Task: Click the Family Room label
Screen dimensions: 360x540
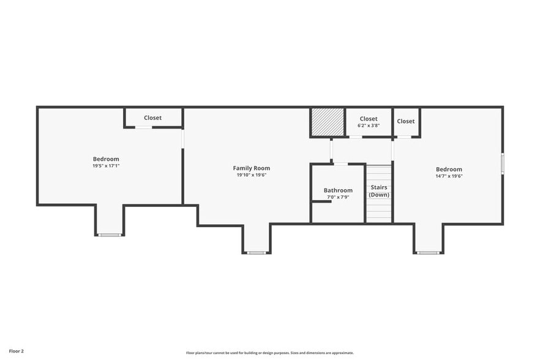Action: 251,168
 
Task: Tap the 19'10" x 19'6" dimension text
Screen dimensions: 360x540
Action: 251,175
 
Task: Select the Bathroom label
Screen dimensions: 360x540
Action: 338,190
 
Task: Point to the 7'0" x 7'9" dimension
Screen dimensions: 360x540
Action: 338,197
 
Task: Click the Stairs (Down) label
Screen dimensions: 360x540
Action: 379,191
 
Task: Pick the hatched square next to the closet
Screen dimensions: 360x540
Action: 327,122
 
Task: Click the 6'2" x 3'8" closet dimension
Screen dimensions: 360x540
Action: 369,126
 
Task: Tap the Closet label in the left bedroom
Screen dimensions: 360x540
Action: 153,118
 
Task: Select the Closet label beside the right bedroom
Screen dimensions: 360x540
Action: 405,121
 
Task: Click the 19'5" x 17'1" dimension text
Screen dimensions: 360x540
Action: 106,166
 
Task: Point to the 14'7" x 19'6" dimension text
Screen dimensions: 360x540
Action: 449,176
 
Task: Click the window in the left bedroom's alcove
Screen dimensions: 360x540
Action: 110,235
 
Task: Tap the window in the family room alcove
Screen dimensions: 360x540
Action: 257,252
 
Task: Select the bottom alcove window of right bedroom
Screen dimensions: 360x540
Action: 427,252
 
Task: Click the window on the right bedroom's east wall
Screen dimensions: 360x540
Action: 503,163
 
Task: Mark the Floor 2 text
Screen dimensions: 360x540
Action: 17,351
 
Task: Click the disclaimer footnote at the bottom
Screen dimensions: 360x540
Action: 269,353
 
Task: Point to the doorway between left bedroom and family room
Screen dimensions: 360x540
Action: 182,139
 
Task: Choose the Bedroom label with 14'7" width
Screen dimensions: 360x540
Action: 449,169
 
